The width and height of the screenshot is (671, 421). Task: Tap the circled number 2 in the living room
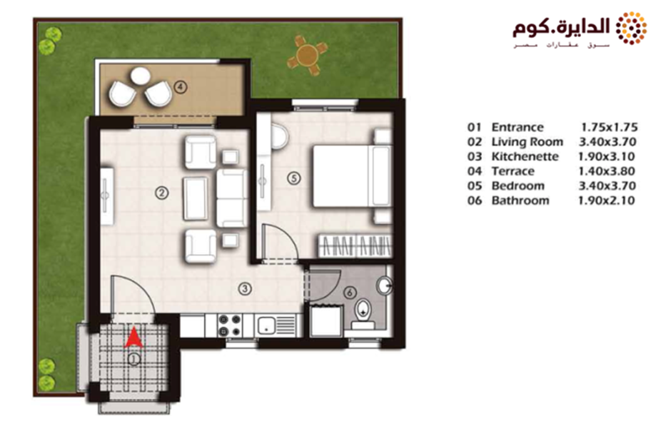point(161,193)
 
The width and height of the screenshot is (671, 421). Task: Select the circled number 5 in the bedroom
point(294,178)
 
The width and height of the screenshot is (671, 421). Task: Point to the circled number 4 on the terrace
point(181,87)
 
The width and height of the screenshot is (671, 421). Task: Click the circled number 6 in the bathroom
point(350,293)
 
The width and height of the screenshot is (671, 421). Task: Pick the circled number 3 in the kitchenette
point(245,289)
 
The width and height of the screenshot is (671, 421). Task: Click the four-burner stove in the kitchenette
point(230,325)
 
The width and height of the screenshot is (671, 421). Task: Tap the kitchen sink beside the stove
point(266,325)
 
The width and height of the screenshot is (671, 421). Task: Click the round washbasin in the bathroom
point(385,285)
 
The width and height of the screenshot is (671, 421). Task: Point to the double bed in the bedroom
point(352,176)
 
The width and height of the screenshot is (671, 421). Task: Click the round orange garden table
point(307,55)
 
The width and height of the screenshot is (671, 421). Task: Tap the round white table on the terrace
point(141,76)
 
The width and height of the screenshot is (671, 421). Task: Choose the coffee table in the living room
point(196,198)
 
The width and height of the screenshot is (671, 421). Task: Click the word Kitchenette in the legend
point(525,156)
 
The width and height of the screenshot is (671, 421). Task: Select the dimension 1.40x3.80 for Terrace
point(606,171)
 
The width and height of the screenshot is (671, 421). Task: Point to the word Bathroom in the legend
point(520,201)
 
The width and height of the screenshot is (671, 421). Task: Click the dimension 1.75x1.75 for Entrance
point(609,127)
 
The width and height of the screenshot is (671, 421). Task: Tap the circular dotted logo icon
point(631,29)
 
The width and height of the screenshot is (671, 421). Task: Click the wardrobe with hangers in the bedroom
point(355,246)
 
